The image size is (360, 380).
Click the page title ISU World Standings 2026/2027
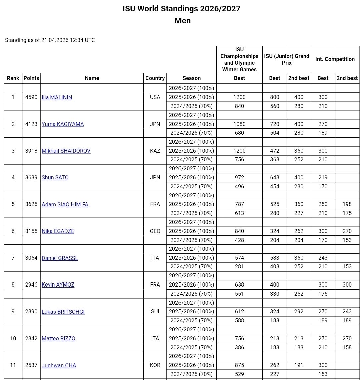[181, 9]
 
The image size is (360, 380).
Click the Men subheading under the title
[183, 21]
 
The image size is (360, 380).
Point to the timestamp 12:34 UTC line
[50, 40]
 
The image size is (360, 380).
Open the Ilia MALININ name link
[57, 97]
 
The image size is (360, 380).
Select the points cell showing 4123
[31, 124]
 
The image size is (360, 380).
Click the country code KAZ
[155, 151]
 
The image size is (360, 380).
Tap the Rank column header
[13, 78]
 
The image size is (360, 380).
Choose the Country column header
[155, 78]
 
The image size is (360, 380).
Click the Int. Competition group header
[335, 59]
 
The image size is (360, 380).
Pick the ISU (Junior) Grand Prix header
[287, 59]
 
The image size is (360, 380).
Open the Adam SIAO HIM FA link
[65, 204]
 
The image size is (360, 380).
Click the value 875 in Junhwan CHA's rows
[239, 365]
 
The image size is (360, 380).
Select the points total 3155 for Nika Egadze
[31, 231]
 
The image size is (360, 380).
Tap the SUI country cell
[155, 312]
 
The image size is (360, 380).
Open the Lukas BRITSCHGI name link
[63, 312]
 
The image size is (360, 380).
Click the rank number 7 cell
[13, 258]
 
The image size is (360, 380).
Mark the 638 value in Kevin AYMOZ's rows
[239, 285]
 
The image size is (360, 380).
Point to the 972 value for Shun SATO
[239, 177]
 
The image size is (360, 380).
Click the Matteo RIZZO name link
[58, 338]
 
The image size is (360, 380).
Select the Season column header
[192, 78]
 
